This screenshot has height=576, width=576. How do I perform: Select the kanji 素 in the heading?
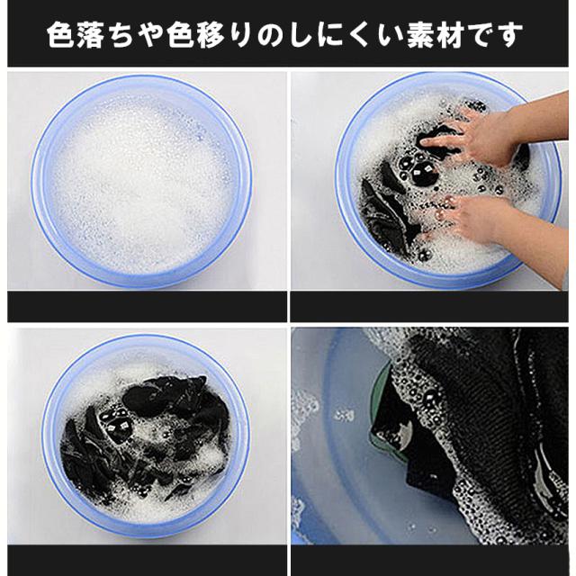pyautogui.click(x=420, y=35)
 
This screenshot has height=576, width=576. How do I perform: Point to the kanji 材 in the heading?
pyautogui.click(x=450, y=35)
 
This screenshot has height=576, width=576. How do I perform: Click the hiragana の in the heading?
pyautogui.click(x=271, y=36)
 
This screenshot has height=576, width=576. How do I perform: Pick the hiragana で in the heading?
pyautogui.click(x=480, y=36)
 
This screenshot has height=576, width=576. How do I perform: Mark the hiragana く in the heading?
pyautogui.click(x=361, y=36)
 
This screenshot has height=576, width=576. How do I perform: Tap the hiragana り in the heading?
pyautogui.click(x=241, y=36)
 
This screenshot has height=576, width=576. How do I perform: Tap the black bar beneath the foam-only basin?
pyautogui.click(x=147, y=306)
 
